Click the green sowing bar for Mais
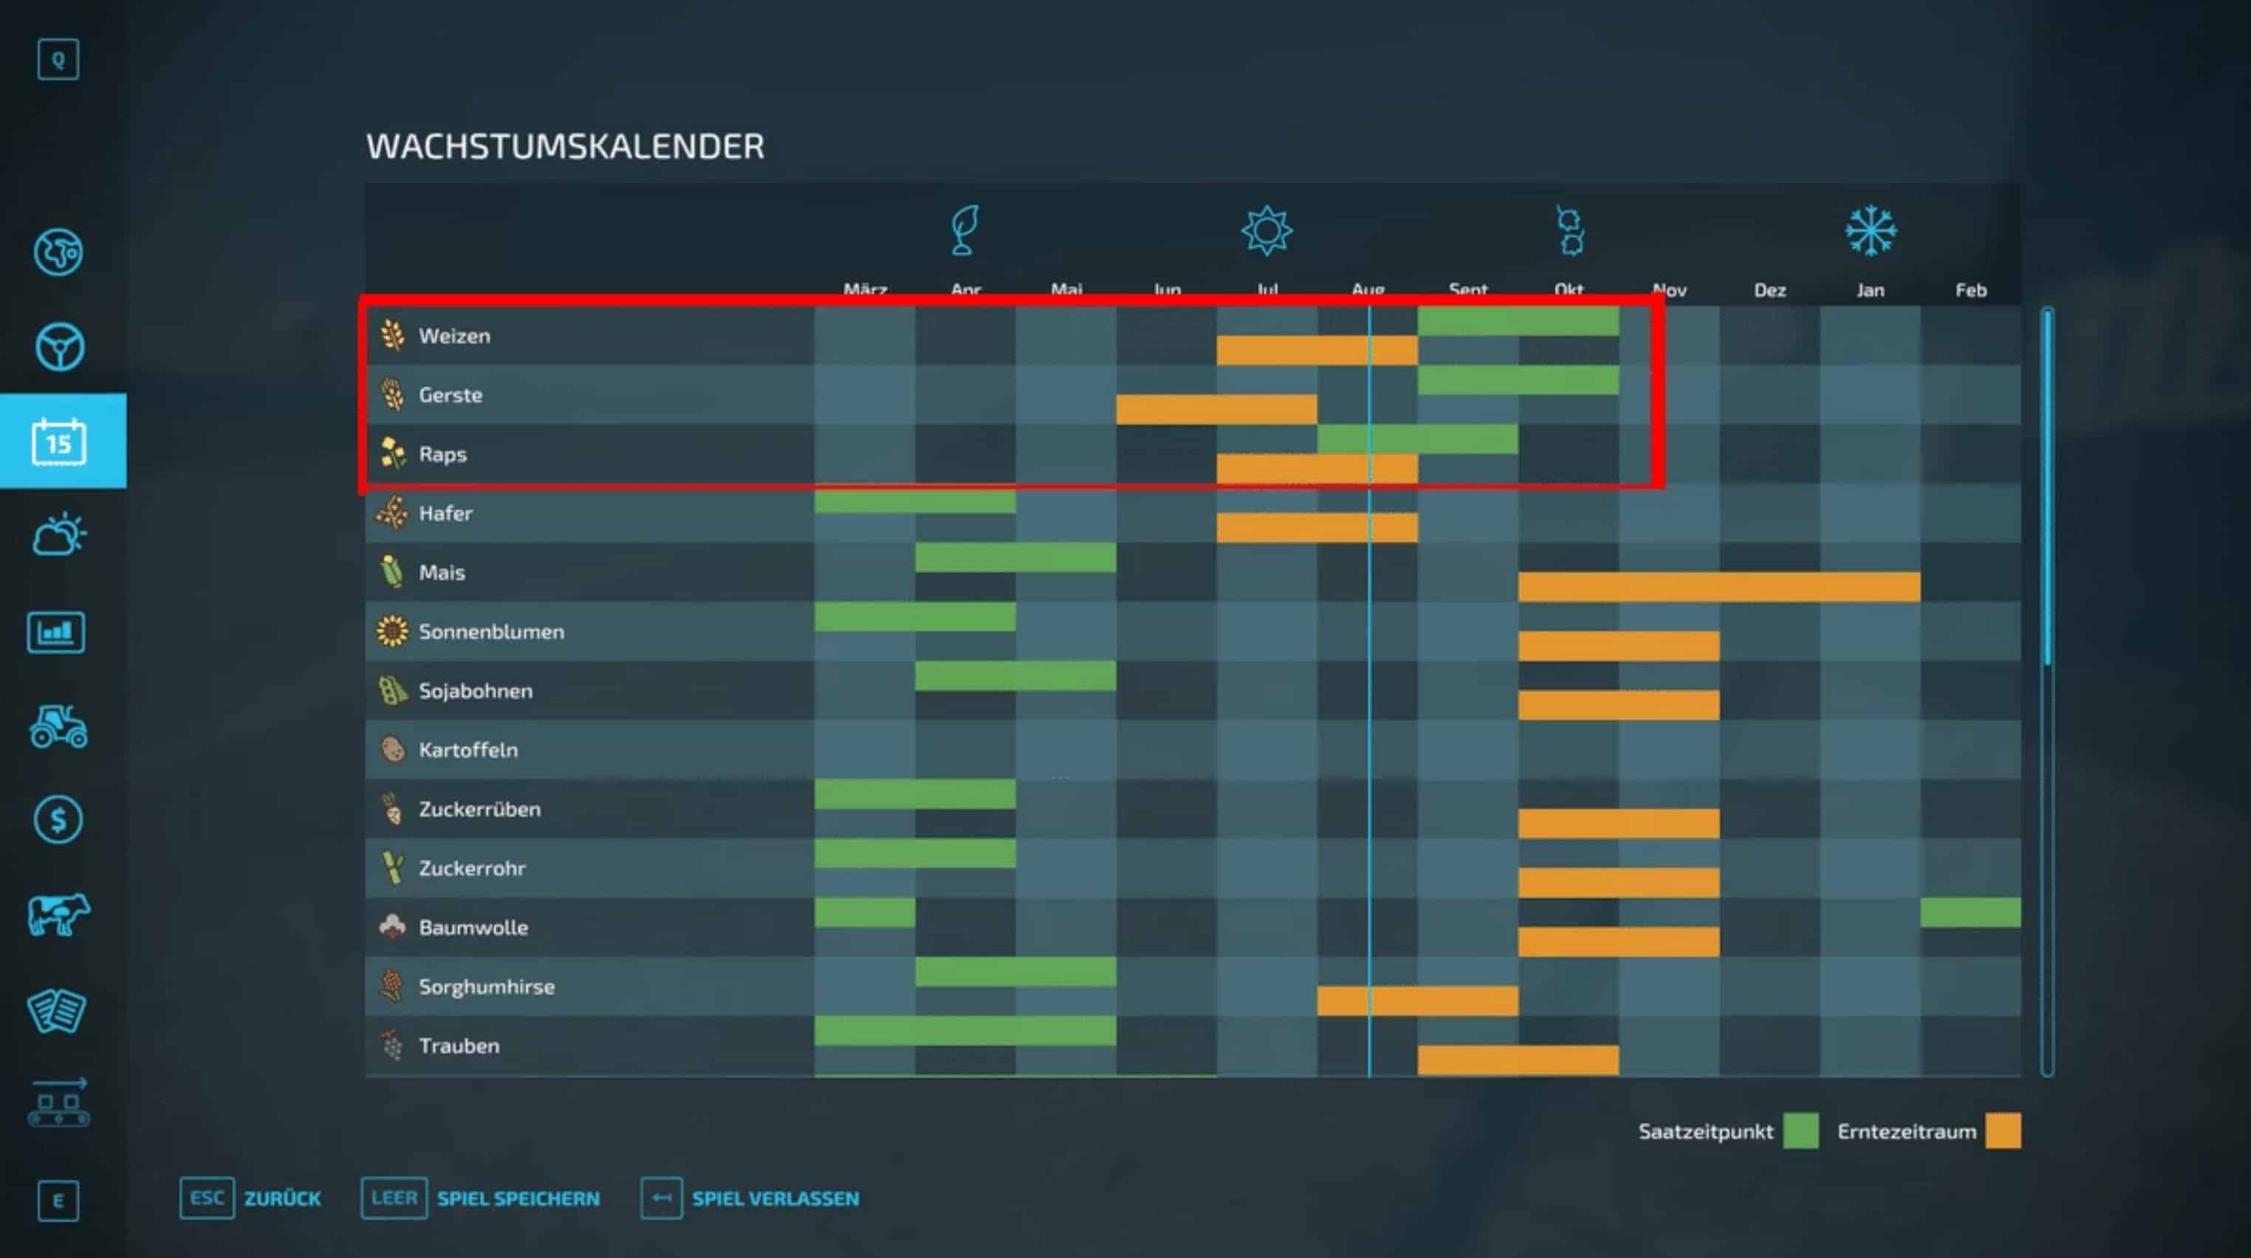click(x=1015, y=557)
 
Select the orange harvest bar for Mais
click(x=1718, y=587)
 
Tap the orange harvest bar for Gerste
click(x=1216, y=409)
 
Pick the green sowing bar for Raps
click(x=1416, y=439)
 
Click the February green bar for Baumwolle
click(x=1970, y=912)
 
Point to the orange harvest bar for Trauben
click(x=1517, y=1059)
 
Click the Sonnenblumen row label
click(x=491, y=632)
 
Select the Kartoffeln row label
click(x=467, y=749)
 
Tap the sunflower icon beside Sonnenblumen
click(x=392, y=630)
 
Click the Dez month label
click(x=1769, y=290)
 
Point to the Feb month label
click(x=1970, y=290)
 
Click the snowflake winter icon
click(x=1870, y=230)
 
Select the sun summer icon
click(x=1266, y=230)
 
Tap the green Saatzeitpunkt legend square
click(x=1800, y=1130)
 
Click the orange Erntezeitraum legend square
click(x=2003, y=1130)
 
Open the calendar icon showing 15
click(x=59, y=441)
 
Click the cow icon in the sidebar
click(x=58, y=915)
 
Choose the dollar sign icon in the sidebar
click(x=58, y=819)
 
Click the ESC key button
click(x=207, y=1197)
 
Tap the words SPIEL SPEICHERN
click(x=518, y=1199)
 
